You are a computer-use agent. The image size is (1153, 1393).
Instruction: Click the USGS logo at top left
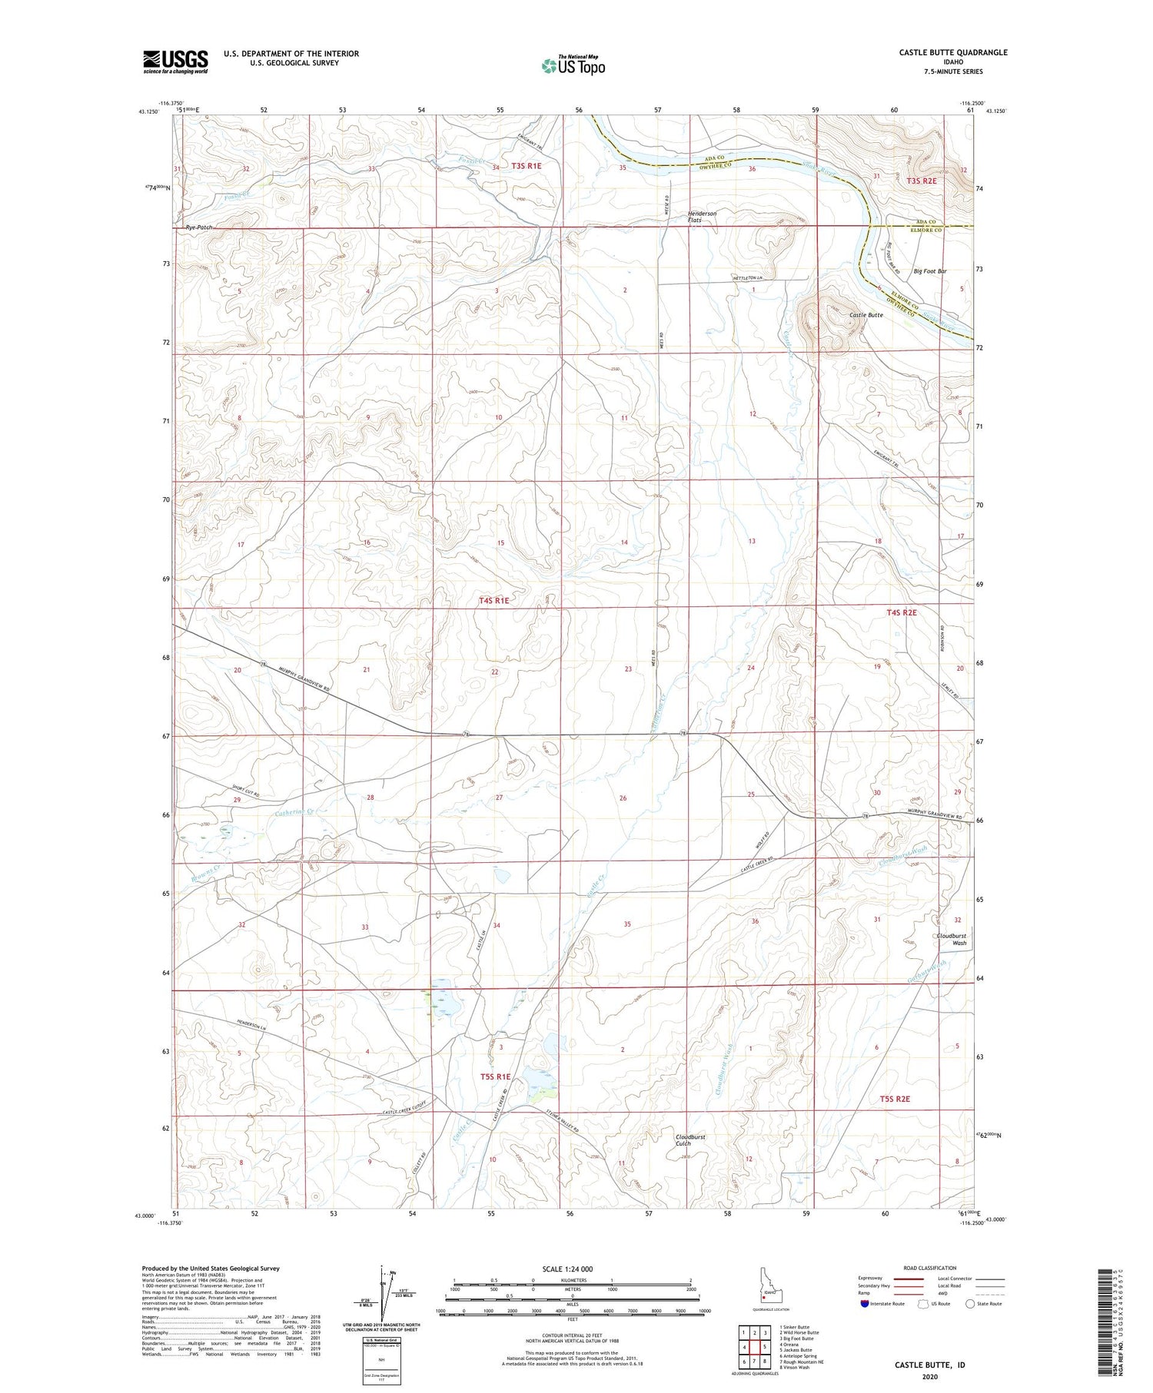175,61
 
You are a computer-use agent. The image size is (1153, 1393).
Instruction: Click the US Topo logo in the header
573,66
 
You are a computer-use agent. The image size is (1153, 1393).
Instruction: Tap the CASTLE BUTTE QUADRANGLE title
942,52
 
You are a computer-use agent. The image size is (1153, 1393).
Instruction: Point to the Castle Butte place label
866,315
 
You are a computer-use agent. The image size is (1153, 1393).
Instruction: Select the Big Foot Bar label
929,271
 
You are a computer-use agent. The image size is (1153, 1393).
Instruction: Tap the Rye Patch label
198,227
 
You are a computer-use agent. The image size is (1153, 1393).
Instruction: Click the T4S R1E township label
493,601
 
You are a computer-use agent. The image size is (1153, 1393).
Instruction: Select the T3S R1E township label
527,166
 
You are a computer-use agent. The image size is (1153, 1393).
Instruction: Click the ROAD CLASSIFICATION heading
930,1268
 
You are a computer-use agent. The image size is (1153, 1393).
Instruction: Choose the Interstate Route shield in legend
864,1304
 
